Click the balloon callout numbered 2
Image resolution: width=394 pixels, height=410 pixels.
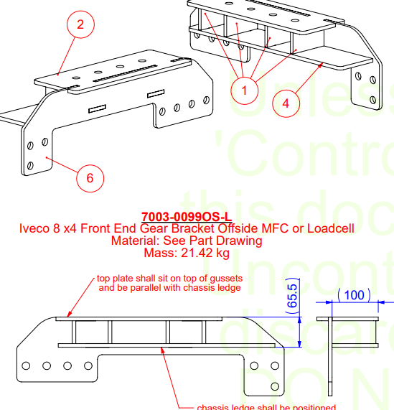(x=80, y=25)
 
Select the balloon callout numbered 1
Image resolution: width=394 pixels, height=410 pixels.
(x=245, y=90)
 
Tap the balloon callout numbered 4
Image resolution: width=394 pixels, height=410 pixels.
(x=286, y=103)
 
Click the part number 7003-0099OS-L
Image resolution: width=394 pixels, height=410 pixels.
(x=187, y=217)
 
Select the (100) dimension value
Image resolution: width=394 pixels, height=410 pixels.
(x=353, y=294)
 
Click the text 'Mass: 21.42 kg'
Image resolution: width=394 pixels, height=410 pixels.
(x=187, y=253)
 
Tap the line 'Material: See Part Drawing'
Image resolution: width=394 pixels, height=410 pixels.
(x=187, y=241)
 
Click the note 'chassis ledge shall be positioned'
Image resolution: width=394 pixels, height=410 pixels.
(x=266, y=407)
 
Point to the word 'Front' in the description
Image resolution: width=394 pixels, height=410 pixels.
(x=96, y=229)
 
